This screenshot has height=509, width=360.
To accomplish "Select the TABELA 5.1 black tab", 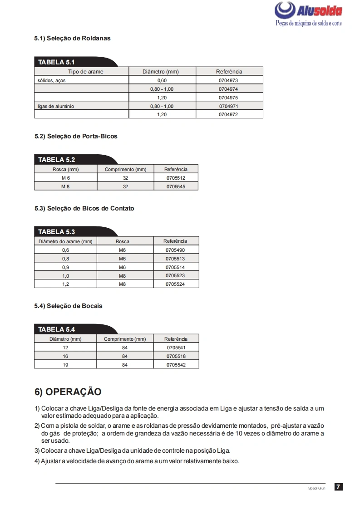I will coord(57,62).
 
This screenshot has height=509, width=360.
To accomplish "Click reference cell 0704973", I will coord(228,80).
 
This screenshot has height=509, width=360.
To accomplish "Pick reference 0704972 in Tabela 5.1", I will coord(228,114).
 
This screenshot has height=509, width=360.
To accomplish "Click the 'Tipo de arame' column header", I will coord(85,72).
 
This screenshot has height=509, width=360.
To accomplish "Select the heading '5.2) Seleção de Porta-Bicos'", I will coord(76,136).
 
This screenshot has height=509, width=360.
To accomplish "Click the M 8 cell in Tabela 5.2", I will coord(65,186).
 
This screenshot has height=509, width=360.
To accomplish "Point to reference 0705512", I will coord(176,178).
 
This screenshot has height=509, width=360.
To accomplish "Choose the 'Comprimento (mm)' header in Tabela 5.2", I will coord(125,169).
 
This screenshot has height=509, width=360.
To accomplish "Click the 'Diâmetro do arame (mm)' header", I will coord(65,241).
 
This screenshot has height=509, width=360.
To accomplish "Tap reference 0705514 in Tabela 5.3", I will coord(175,267).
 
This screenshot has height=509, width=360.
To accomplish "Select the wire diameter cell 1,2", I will coord(65,284).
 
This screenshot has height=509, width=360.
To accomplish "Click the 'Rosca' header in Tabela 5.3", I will coord(122,241).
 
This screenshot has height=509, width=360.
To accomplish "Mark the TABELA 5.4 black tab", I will coord(57,329).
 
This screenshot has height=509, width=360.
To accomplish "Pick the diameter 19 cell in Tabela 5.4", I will coord(65,364).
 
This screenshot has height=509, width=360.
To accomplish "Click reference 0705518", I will coord(176,356).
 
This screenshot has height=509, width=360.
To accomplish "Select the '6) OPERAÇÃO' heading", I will coord(68,392).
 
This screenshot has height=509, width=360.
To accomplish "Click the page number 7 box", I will coord(339,487).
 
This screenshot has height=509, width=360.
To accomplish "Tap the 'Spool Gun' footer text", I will coord(316,488).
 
